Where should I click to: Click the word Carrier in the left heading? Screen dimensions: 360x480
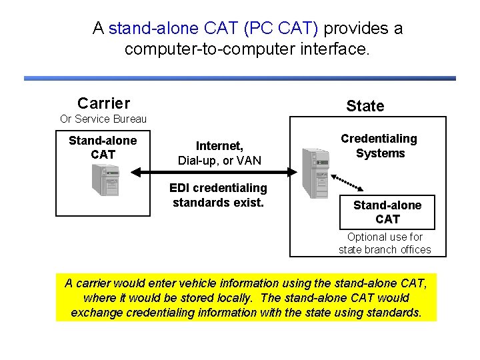(103, 103)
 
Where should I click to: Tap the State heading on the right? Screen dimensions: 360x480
(365, 106)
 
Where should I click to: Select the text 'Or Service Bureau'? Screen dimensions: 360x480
(103, 119)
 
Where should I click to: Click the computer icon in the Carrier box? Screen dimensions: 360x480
(105, 179)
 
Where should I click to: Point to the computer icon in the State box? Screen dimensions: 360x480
(315, 173)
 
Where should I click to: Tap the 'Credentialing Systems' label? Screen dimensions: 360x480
(379, 146)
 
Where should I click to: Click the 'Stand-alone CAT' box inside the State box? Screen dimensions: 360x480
(387, 212)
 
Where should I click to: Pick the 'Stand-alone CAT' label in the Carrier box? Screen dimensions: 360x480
(103, 147)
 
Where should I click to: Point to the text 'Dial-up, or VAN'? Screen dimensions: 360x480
(219, 161)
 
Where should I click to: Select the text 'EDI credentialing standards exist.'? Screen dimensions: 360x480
(218, 195)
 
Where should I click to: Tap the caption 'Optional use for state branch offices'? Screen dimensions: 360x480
(385, 243)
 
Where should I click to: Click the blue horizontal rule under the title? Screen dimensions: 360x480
(240, 79)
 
